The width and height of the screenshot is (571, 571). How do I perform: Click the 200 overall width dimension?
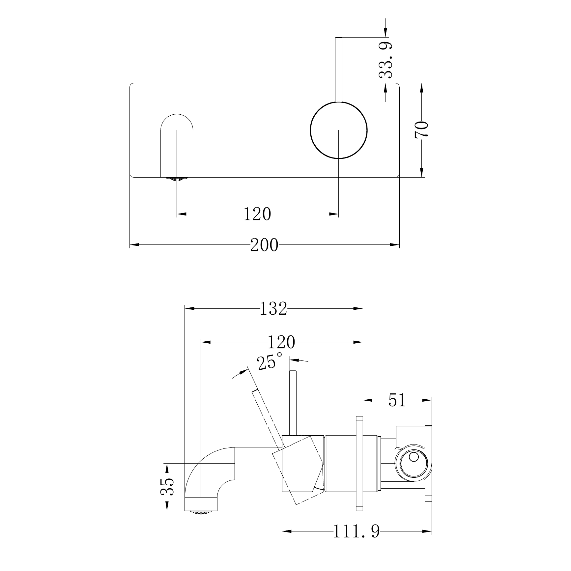click(x=264, y=245)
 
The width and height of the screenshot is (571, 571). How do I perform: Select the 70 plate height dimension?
click(x=421, y=129)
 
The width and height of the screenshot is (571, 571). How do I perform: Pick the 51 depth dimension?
click(x=397, y=400)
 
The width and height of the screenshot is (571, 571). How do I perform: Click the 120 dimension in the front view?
click(x=257, y=214)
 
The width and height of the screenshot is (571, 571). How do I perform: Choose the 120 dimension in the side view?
click(x=281, y=342)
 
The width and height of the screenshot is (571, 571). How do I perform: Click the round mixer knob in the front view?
click(x=338, y=130)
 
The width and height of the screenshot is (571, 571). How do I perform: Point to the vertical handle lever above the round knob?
click(x=338, y=69)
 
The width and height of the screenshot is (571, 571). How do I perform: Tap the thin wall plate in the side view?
click(x=359, y=468)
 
